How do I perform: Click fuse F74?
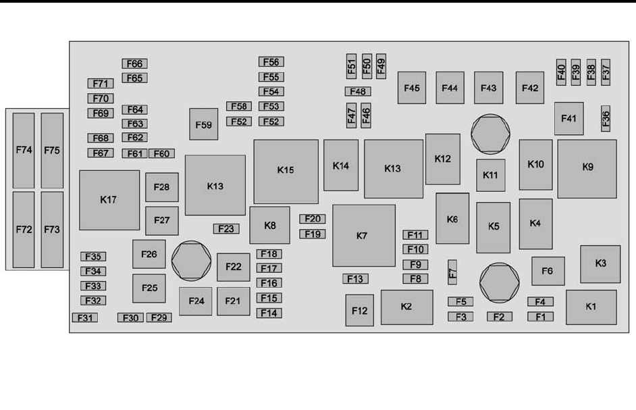point(24,150)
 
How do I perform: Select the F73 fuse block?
point(52,229)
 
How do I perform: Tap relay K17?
point(109,200)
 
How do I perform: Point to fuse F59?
point(203,124)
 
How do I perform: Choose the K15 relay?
point(286,171)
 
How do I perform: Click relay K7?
point(363,235)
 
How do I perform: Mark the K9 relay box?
point(587,168)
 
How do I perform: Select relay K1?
point(591,307)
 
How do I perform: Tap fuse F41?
point(568,118)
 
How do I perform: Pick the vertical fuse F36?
point(606,118)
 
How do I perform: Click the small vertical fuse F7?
point(452,272)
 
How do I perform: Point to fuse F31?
point(85,317)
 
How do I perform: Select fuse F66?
point(134,63)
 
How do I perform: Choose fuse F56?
point(271,62)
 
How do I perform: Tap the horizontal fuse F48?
point(357,92)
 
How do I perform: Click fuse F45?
point(411,88)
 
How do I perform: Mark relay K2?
point(406,307)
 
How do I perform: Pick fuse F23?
point(226,229)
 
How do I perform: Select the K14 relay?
point(341,165)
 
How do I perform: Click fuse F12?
point(359,310)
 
